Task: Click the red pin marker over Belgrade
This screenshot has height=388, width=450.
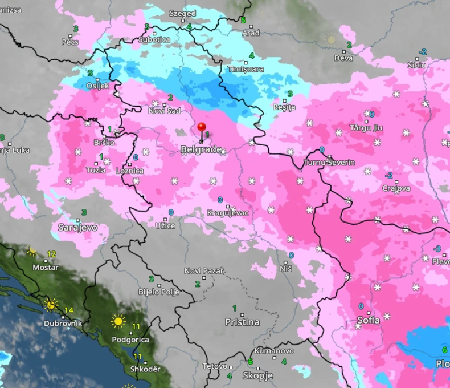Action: (201, 127)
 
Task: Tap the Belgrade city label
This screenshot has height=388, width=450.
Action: (201, 149)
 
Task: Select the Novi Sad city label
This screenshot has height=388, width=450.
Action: (165, 111)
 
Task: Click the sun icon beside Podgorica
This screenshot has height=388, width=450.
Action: (118, 322)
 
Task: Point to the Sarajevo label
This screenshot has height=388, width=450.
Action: (77, 227)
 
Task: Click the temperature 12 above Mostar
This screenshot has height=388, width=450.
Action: (51, 254)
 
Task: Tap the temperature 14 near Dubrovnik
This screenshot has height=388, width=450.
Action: (69, 310)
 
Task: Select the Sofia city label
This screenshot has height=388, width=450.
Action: (368, 320)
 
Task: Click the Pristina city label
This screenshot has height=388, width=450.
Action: (242, 322)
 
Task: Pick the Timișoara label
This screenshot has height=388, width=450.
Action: (246, 68)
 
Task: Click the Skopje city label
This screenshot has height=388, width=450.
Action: (257, 375)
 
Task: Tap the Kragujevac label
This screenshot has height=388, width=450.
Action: (228, 213)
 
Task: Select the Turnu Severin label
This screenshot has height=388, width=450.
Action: (329, 163)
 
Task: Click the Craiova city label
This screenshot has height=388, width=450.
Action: (396, 188)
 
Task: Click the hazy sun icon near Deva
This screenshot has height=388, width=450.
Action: (331, 39)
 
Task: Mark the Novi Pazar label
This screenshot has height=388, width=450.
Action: (203, 270)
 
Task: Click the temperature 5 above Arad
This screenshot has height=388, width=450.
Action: (243, 21)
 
